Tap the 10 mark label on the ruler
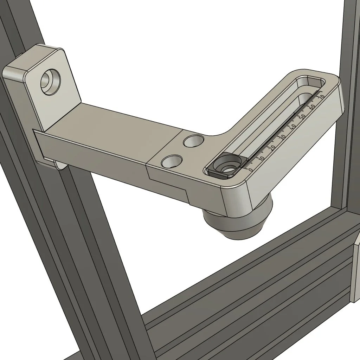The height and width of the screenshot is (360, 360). [x=262, y=159]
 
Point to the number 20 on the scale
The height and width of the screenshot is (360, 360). [x=272, y=147]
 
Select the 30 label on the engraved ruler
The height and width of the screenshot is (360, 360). [x=283, y=137]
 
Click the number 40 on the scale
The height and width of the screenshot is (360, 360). [x=293, y=127]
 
